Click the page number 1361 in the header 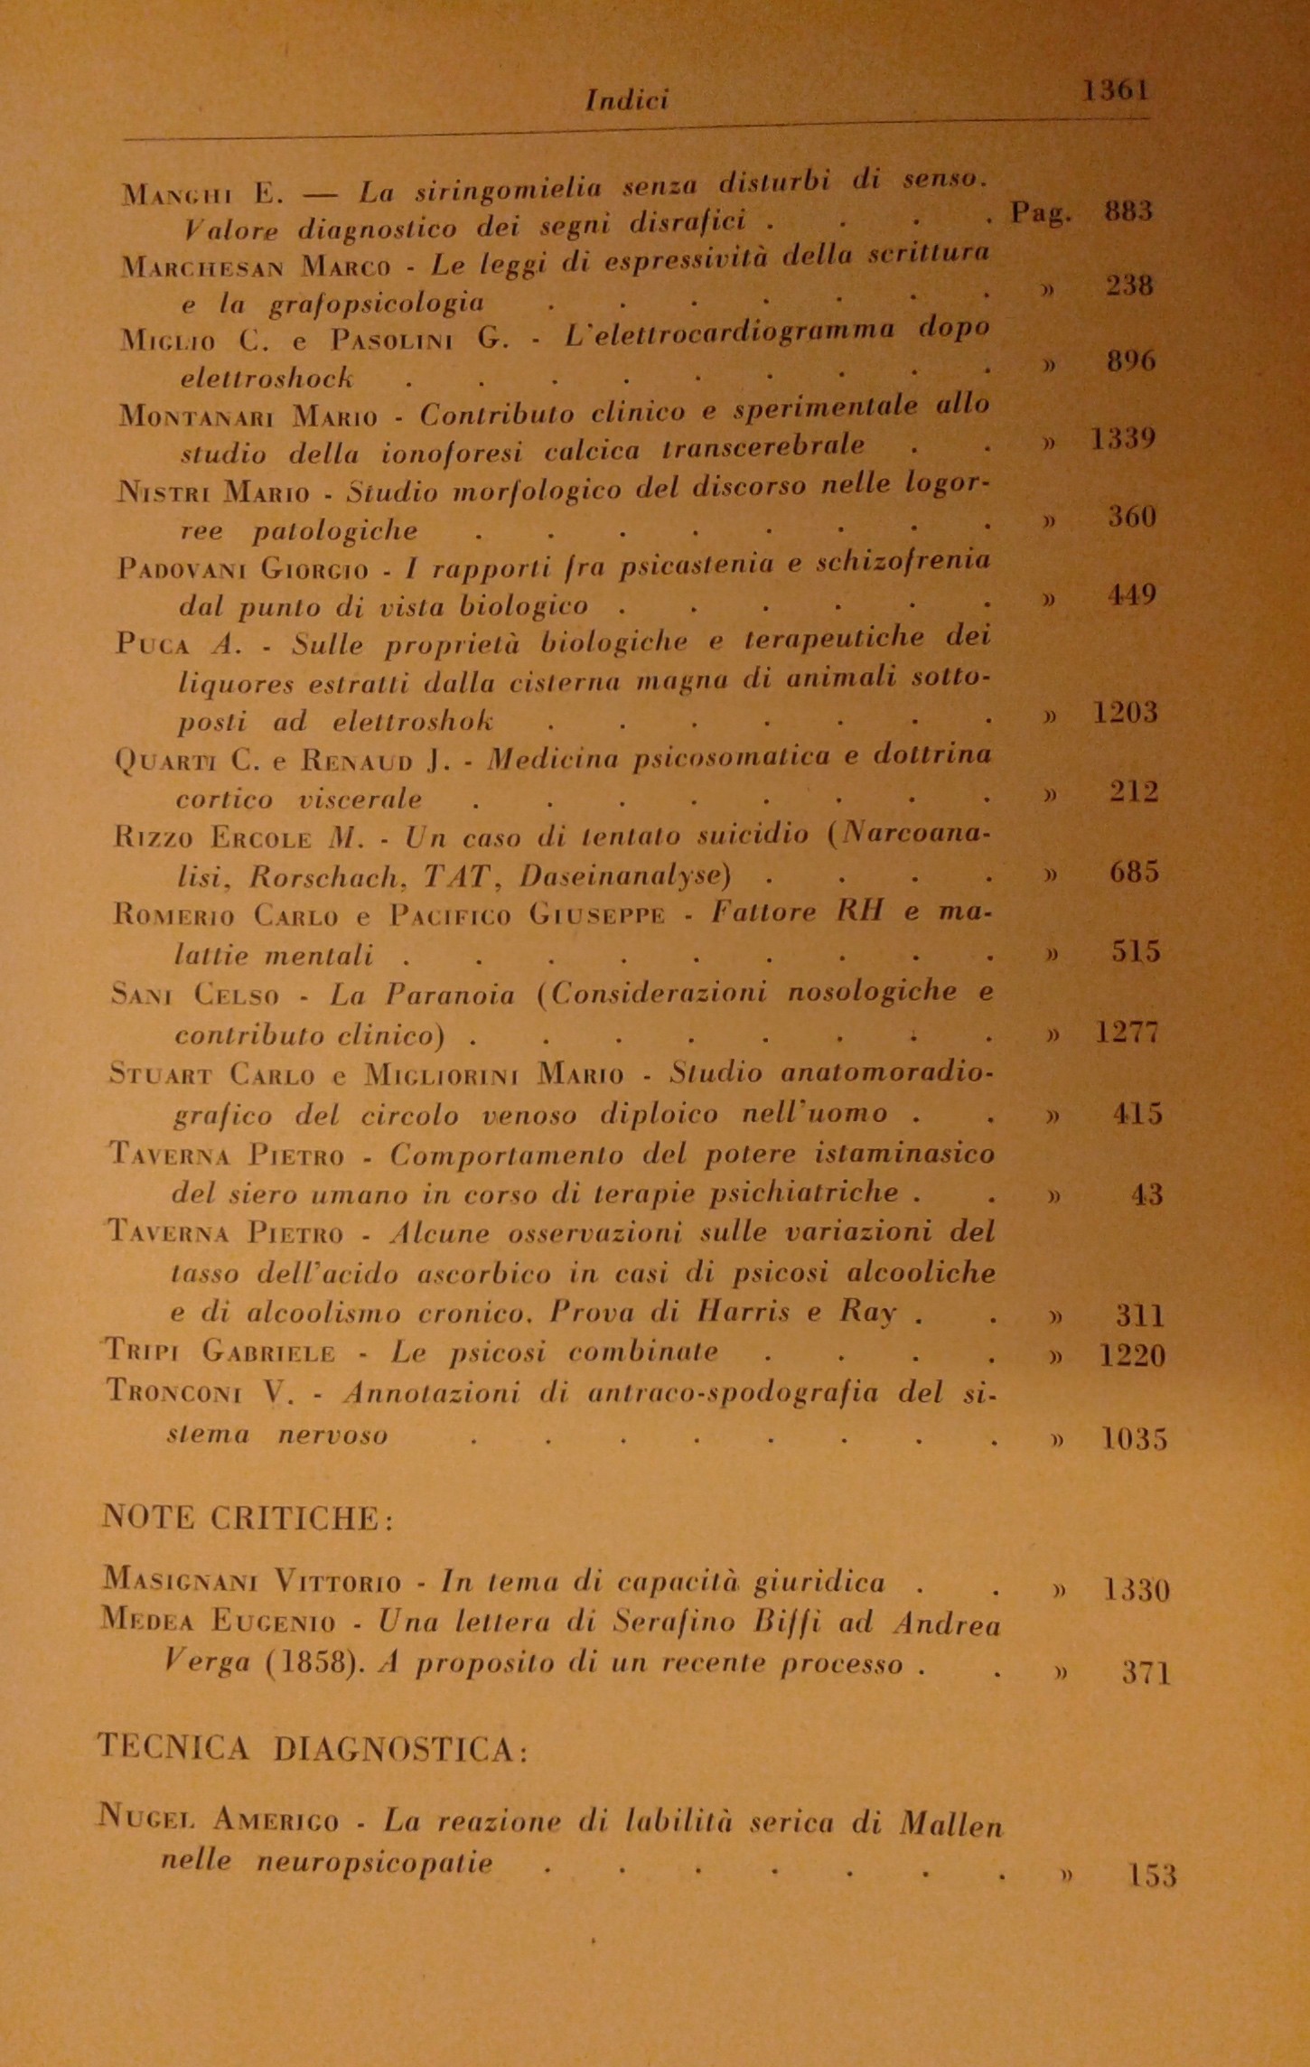tap(1116, 90)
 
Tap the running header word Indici tap(627, 99)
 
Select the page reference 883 tap(1128, 211)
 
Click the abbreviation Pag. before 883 tap(1041, 213)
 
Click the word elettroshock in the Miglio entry tap(267, 378)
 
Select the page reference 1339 tap(1123, 439)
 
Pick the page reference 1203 tap(1125, 713)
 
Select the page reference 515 tap(1136, 952)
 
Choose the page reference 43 tap(1146, 1194)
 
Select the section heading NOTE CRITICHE tap(245, 1519)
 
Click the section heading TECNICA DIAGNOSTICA tap(312, 1750)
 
